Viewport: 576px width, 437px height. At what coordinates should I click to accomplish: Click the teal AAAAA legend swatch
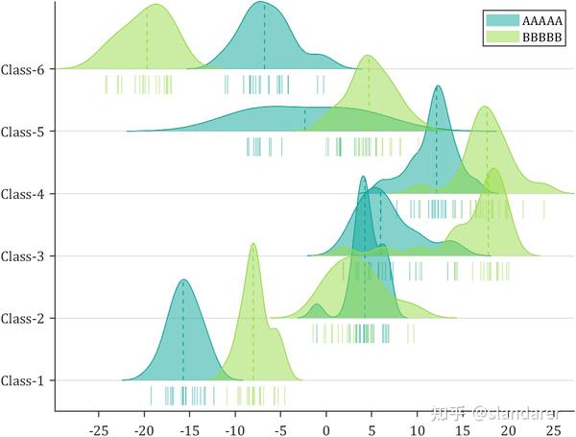[501, 19]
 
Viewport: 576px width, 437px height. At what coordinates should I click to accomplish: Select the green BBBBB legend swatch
[501, 36]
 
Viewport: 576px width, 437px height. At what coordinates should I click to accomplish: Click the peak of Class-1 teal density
[182, 279]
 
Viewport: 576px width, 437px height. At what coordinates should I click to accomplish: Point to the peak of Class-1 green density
[253, 243]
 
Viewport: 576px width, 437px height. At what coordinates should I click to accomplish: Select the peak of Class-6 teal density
[264, 3]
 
